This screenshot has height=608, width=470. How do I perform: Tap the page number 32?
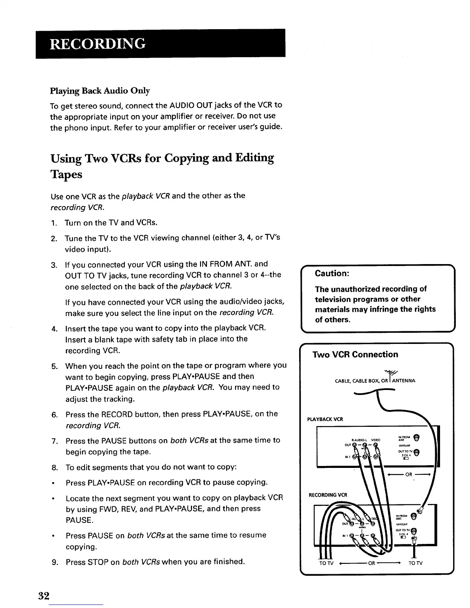click(44, 596)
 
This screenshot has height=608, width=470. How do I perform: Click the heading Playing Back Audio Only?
click(100, 91)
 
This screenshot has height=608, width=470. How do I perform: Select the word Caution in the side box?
click(331, 273)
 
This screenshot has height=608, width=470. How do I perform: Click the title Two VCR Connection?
click(355, 354)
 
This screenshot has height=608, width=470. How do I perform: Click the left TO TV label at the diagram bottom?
click(327, 563)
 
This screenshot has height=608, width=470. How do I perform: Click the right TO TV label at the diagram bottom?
click(416, 563)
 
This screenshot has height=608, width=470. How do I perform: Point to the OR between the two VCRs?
click(409, 474)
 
